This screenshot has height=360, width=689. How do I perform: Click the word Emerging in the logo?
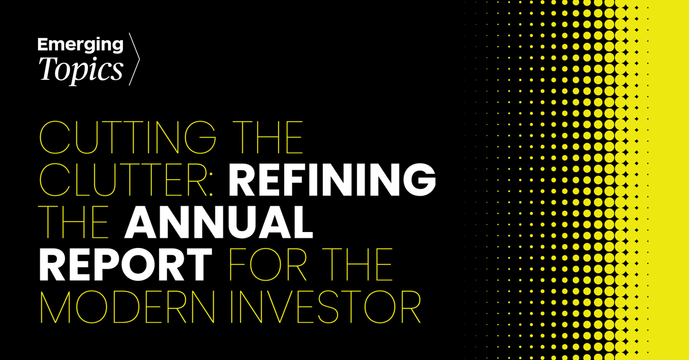click(x=80, y=45)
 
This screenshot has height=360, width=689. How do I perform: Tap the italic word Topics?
click(x=80, y=70)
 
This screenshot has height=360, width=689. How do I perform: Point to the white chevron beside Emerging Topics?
click(x=134, y=59)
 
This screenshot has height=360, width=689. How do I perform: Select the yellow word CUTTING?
click(x=128, y=137)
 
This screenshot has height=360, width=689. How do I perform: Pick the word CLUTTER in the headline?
click(x=123, y=180)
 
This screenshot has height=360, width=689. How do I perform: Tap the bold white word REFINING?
click(x=332, y=180)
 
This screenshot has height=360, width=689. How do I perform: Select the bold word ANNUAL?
click(x=219, y=222)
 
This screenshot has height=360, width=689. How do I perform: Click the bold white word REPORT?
click(x=126, y=265)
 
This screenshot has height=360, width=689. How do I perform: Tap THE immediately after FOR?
click(x=357, y=265)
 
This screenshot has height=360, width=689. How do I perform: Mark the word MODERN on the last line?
click(x=127, y=307)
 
